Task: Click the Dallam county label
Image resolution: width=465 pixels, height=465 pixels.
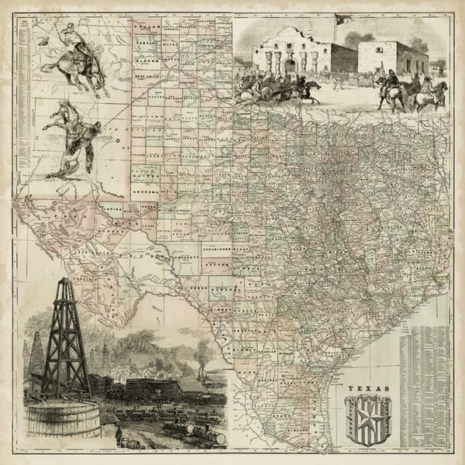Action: coord(147,26)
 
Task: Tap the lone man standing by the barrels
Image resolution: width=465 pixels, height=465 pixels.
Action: coord(119,437)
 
